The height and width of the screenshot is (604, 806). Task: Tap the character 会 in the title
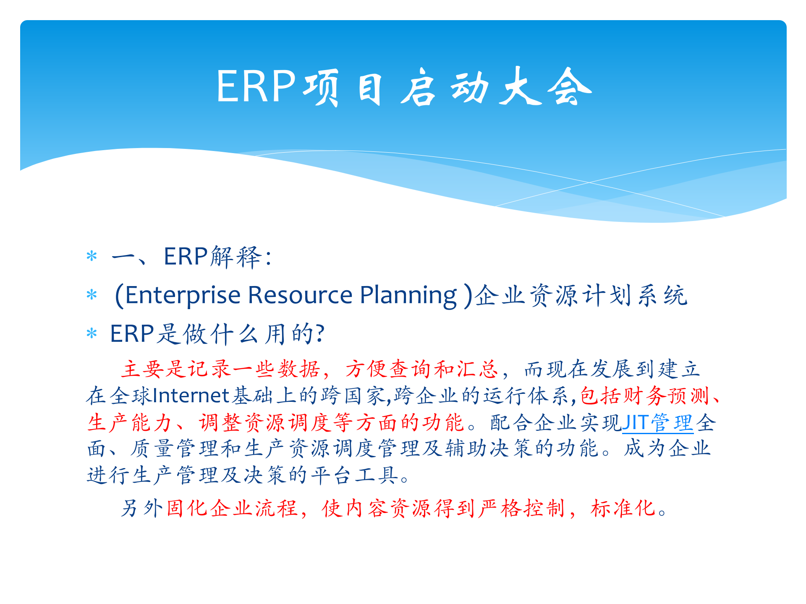pyautogui.click(x=570, y=87)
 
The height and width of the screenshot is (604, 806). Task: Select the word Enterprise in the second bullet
pyautogui.click(x=183, y=295)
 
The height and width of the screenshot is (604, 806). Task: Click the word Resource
pyautogui.click(x=300, y=295)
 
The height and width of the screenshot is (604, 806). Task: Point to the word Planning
pyautogui.click(x=408, y=295)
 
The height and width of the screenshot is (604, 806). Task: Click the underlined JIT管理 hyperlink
pyautogui.click(x=657, y=423)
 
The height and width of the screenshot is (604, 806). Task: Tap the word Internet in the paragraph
pyautogui.click(x=191, y=396)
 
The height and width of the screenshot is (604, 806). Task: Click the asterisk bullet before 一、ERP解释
pyautogui.click(x=92, y=257)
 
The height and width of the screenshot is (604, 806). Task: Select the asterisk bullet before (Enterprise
pyautogui.click(x=92, y=295)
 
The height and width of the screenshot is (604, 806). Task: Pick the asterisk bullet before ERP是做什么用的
pyautogui.click(x=92, y=334)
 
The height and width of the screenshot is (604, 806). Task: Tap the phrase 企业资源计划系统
pyautogui.click(x=581, y=296)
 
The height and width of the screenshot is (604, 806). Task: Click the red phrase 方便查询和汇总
pyautogui.click(x=422, y=370)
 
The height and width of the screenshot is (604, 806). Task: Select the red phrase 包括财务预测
pyautogui.click(x=644, y=396)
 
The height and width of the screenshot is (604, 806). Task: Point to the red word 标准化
pyautogui.click(x=623, y=508)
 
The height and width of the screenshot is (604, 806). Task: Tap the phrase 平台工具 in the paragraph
pyautogui.click(x=355, y=475)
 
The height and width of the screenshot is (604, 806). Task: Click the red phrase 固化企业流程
pyautogui.click(x=232, y=508)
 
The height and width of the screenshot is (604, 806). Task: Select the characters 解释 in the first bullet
pyautogui.click(x=236, y=257)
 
